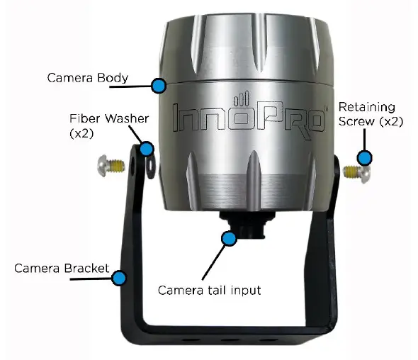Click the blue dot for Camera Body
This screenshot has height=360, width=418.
tap(159, 86)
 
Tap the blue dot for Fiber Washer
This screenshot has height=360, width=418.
tap(147, 149)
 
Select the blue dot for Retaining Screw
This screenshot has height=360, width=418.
tap(365, 157)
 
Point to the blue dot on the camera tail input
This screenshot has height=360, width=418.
tap(228, 238)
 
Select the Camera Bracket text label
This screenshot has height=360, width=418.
tap(62, 269)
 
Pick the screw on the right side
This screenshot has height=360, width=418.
tap(357, 171)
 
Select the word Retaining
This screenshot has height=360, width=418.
tap(366, 107)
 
